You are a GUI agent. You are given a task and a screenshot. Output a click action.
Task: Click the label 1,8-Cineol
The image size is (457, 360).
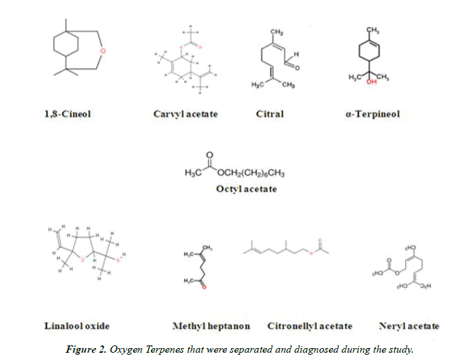tap(67, 114)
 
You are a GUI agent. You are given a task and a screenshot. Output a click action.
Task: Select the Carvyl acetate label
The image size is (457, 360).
tap(185, 114)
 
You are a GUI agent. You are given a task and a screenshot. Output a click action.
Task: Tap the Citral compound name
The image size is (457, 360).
tap(270, 114)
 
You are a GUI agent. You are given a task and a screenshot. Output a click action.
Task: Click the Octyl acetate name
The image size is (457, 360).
tap(246, 189)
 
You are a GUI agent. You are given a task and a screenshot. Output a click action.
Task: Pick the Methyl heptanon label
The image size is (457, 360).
tap(211, 326)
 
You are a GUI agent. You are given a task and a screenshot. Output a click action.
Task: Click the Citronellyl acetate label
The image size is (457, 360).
tap(310, 326)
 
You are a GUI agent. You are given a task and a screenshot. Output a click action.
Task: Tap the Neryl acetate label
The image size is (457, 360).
tap(409, 326)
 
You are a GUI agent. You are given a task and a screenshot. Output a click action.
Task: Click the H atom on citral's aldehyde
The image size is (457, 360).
tap(297, 53)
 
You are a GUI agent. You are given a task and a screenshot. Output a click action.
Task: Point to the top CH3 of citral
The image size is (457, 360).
tap(277, 32)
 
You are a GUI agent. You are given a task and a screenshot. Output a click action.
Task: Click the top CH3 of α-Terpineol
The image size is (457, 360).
tap(372, 30)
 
